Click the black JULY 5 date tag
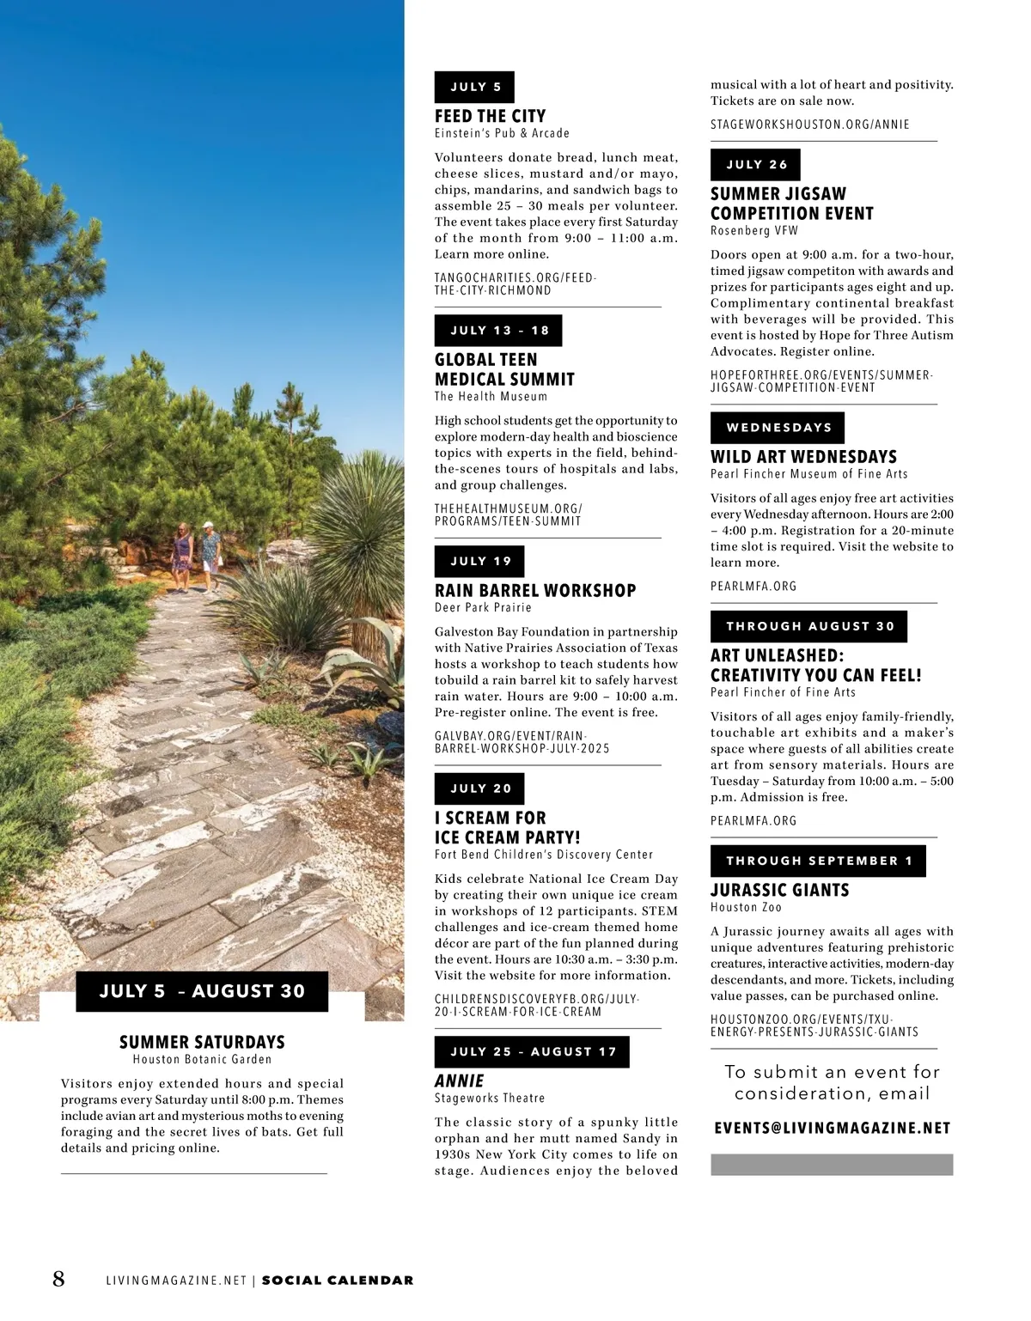(x=474, y=87)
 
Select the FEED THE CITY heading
(x=490, y=116)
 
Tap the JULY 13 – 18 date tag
(x=498, y=331)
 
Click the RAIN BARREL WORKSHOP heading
(x=535, y=591)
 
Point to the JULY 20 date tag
(x=479, y=788)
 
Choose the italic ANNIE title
(x=460, y=1081)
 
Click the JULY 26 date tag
(x=755, y=165)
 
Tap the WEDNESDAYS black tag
(x=778, y=428)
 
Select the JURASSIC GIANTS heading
(x=779, y=891)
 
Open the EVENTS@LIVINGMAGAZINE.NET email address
(x=832, y=1129)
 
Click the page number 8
(x=58, y=1279)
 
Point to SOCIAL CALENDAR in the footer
(x=338, y=1281)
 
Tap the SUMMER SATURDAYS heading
(x=202, y=1042)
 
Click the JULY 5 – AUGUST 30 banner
(x=202, y=991)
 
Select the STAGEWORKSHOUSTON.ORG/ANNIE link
(x=809, y=125)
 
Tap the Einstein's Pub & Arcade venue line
(x=502, y=133)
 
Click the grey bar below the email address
(x=832, y=1165)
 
